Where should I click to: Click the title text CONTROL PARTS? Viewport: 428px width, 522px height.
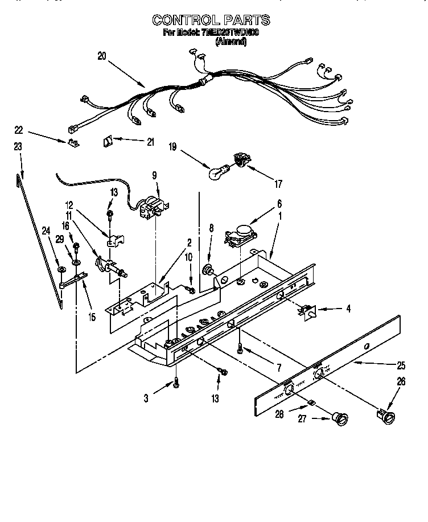coord(211,20)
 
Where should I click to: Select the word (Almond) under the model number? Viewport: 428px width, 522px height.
coord(231,42)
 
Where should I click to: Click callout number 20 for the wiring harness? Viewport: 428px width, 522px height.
coord(102,56)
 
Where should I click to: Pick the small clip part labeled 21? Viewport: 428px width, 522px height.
coord(108,141)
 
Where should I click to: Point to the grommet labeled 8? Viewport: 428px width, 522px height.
coord(208,270)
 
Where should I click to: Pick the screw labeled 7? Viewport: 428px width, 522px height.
coord(241,347)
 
